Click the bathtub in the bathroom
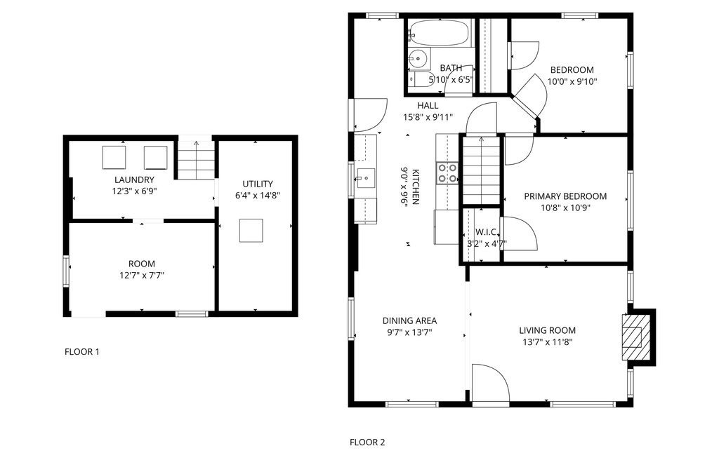point(440,32)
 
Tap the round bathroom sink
point(418,58)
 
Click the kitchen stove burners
point(447,173)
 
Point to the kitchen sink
point(366,178)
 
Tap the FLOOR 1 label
point(81,351)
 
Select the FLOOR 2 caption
point(367,442)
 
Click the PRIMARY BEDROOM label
point(565,196)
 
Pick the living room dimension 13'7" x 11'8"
point(547,341)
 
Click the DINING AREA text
point(409,320)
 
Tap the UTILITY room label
point(258,184)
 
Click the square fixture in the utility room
point(251,230)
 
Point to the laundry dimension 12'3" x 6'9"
point(134,191)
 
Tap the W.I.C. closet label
point(487,231)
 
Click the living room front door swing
point(490,384)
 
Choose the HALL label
point(428,105)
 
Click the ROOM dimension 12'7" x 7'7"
point(142,275)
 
